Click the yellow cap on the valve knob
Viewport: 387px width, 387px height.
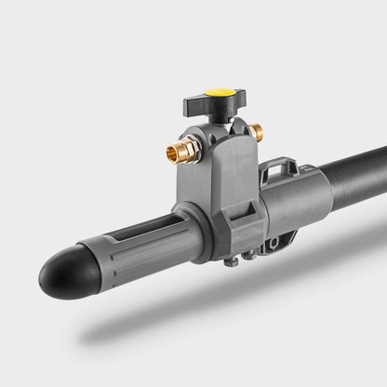[x=220, y=93]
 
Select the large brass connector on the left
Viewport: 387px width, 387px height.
[x=183, y=150]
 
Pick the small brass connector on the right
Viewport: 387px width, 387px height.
[x=255, y=132]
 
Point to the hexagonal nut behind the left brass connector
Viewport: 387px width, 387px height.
[x=194, y=146]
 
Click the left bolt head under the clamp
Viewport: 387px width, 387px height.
[x=232, y=261]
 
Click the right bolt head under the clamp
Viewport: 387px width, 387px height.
[x=248, y=254]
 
